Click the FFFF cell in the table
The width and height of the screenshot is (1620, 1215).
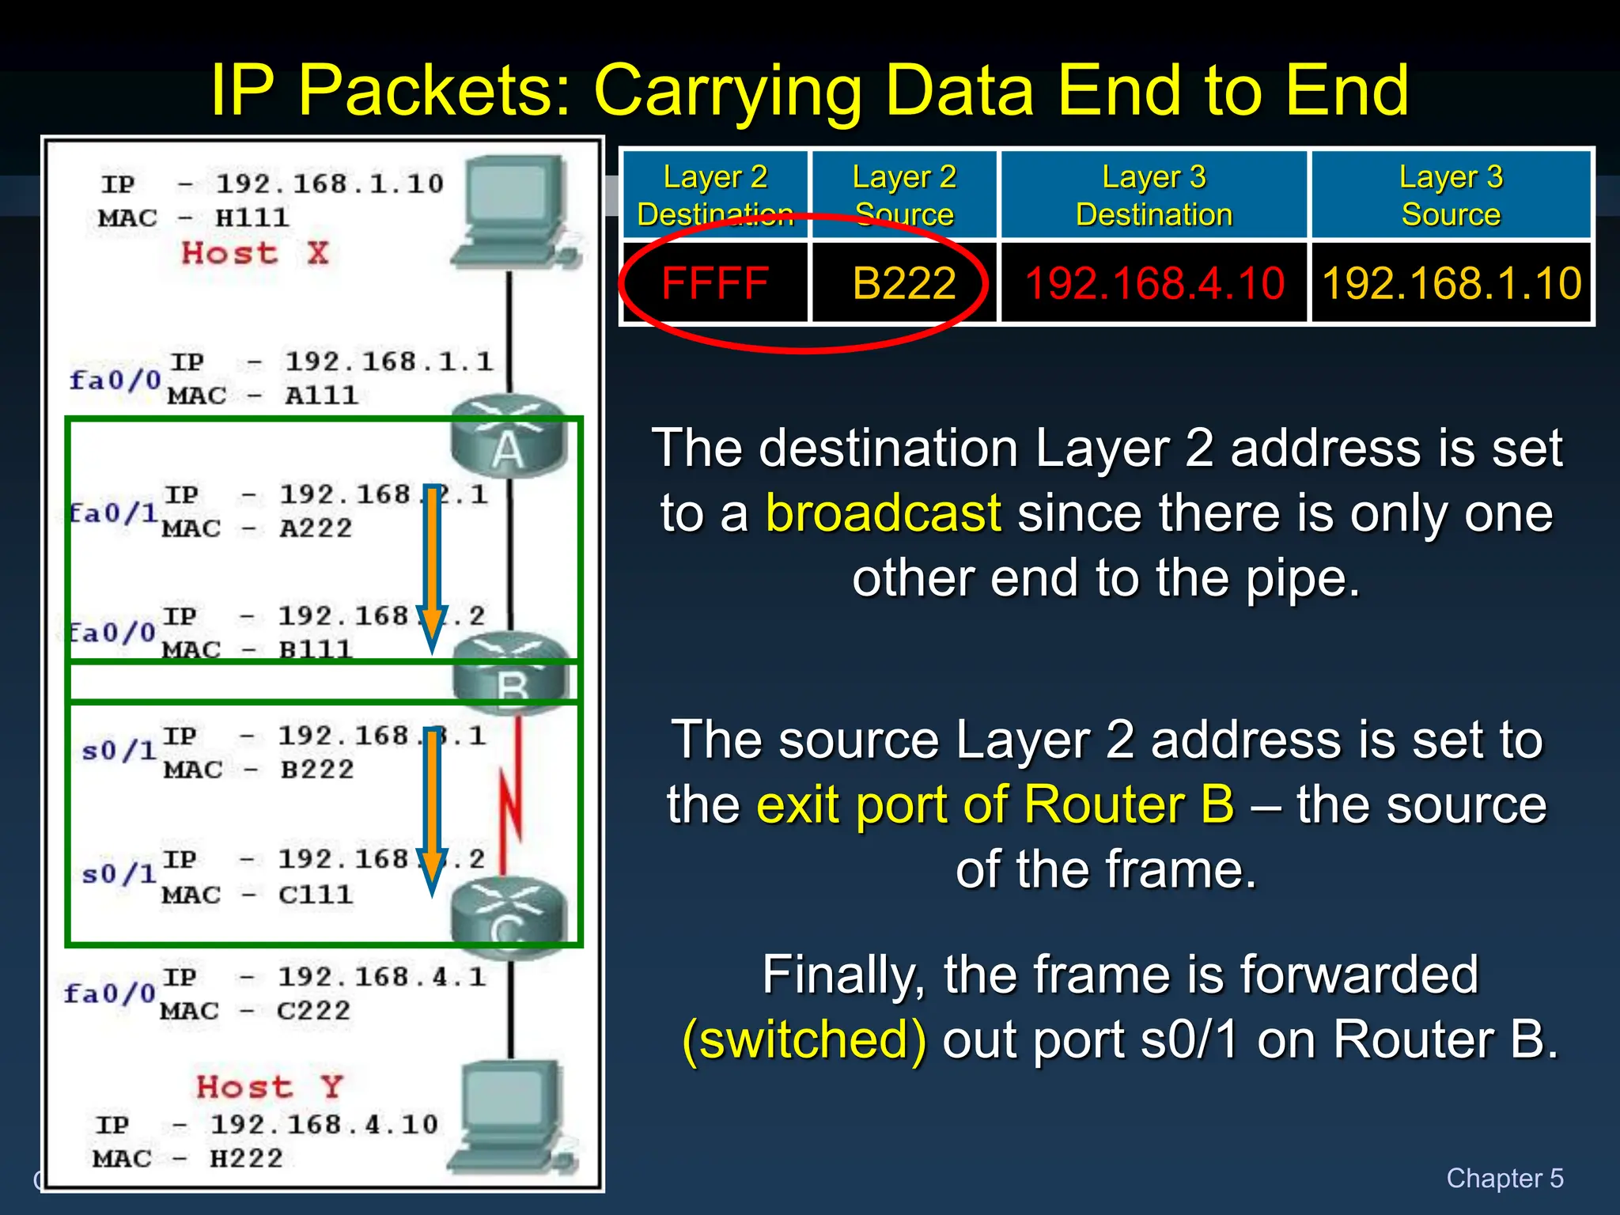click(715, 283)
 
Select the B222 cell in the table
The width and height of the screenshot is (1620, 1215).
click(904, 283)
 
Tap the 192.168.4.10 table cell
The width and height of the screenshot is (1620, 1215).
click(1154, 283)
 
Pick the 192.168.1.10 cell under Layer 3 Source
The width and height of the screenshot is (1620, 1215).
click(1452, 283)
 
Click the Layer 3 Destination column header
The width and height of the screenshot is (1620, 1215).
click(1154, 195)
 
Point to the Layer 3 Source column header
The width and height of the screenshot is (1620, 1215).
click(1452, 195)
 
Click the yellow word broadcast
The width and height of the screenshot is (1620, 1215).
click(884, 513)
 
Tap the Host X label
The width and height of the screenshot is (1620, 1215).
click(255, 253)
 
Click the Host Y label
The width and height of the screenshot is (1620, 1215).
click(269, 1087)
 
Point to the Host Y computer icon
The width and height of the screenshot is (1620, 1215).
click(514, 1118)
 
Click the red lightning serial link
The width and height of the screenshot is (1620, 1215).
click(513, 795)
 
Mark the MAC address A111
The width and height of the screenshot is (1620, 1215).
click(321, 396)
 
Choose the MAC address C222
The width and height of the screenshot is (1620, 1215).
click(313, 1011)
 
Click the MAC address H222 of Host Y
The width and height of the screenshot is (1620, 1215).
click(246, 1159)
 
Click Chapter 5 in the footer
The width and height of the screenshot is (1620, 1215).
click(1505, 1178)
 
